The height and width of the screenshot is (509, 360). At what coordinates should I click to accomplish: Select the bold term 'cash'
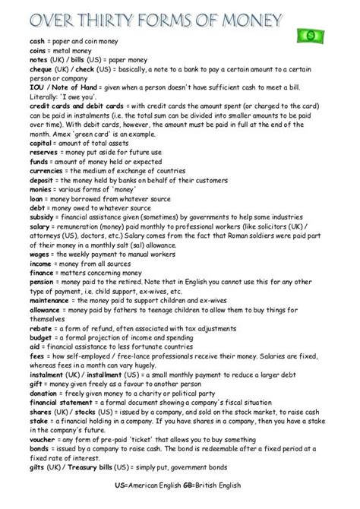click(16, 43)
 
